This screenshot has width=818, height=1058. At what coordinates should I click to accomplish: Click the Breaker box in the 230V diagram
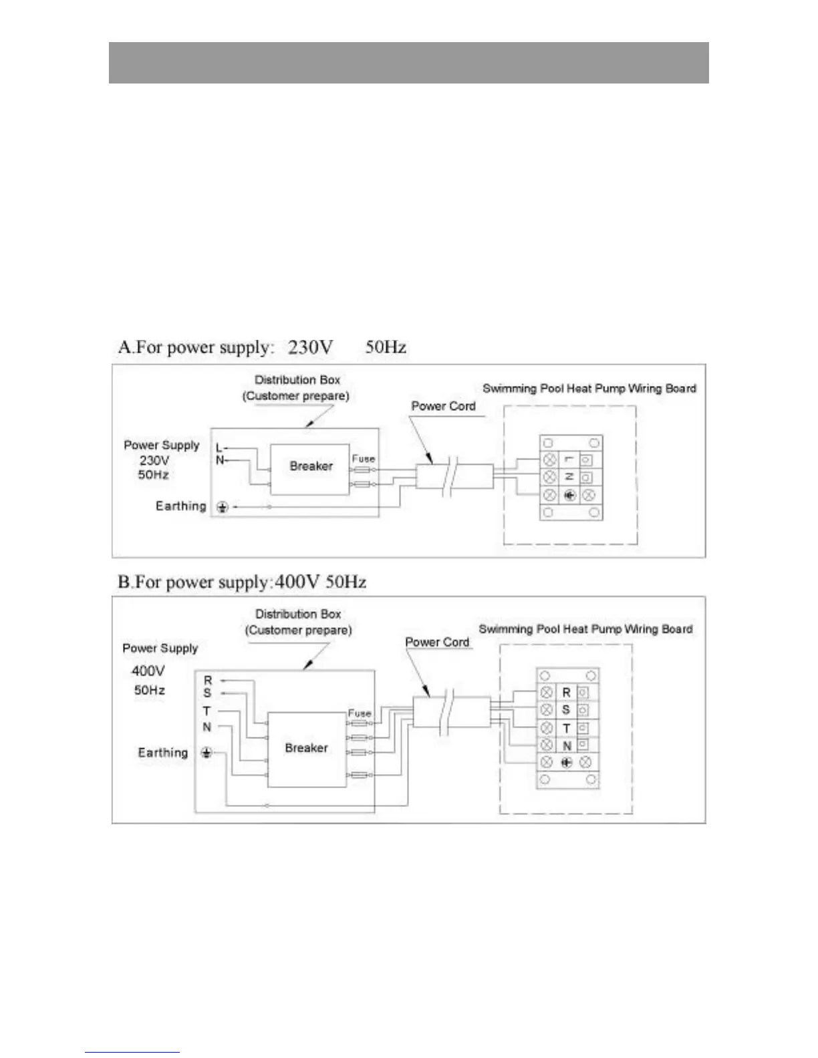tap(310, 467)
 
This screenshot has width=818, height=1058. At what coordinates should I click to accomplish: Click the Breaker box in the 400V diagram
tap(306, 748)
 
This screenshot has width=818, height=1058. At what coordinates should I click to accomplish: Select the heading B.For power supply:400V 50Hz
tap(242, 582)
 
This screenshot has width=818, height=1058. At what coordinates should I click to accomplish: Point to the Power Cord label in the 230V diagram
tap(443, 406)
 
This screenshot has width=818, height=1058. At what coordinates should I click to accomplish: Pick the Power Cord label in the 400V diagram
tap(437, 642)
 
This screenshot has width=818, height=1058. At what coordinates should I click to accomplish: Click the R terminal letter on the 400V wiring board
tap(566, 693)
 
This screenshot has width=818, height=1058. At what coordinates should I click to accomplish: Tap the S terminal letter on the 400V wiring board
tap(566, 710)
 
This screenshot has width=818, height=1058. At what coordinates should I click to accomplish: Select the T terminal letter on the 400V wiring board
tap(566, 728)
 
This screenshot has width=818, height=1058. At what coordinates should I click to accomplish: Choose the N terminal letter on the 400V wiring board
tap(567, 745)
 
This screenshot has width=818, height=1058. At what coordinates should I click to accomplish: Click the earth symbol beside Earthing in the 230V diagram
tap(223, 508)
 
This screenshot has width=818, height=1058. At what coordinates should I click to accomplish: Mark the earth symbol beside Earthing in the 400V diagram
tap(207, 753)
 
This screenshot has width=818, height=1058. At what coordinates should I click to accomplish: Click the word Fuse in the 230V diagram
tap(363, 459)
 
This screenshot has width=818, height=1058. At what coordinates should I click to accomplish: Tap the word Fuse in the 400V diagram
tap(359, 713)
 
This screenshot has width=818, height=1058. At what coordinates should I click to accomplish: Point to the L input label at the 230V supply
tap(219, 448)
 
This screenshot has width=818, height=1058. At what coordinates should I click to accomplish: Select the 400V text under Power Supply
tap(148, 671)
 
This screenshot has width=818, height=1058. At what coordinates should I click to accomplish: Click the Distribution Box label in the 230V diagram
tap(297, 380)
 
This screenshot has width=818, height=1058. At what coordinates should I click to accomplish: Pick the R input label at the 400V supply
tap(207, 680)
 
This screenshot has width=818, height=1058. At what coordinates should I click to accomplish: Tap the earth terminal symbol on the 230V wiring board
tap(569, 496)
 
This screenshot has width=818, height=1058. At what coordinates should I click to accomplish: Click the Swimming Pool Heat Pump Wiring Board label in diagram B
tap(585, 629)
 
